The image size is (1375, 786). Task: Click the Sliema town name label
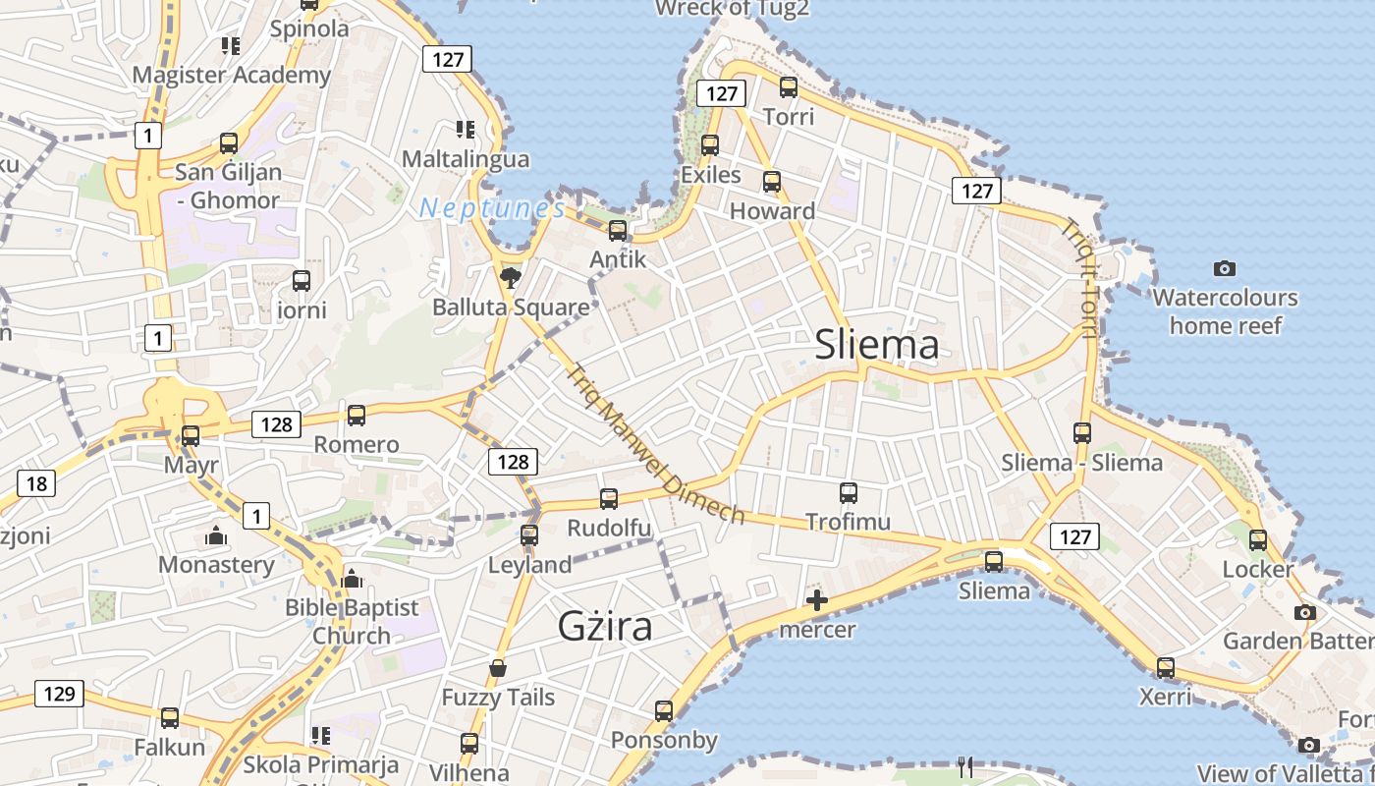tap(877, 345)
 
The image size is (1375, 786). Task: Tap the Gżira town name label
tap(604, 625)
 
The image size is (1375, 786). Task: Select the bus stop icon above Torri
tap(789, 87)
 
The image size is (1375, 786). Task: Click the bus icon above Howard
tap(772, 182)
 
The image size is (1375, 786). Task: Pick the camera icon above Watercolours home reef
tap(1224, 268)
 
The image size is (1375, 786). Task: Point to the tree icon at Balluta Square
tap(510, 279)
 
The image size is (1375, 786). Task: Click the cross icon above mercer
tap(817, 600)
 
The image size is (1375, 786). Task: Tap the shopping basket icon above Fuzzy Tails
tap(498, 669)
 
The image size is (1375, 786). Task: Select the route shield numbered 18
tap(36, 483)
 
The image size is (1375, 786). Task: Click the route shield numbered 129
tap(59, 694)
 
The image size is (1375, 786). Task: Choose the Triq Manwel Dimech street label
tap(656, 445)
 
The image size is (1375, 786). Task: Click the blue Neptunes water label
tap(492, 208)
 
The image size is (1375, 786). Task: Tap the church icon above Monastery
tap(216, 536)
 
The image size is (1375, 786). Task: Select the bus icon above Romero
tap(357, 416)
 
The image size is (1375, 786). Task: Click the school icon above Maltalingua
tap(466, 130)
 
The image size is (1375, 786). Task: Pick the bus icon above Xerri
tap(1165, 668)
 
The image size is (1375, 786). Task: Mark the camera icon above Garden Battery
tap(1304, 613)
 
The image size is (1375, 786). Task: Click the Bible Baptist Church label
tap(352, 622)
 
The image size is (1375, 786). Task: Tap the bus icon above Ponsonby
tap(664, 711)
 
